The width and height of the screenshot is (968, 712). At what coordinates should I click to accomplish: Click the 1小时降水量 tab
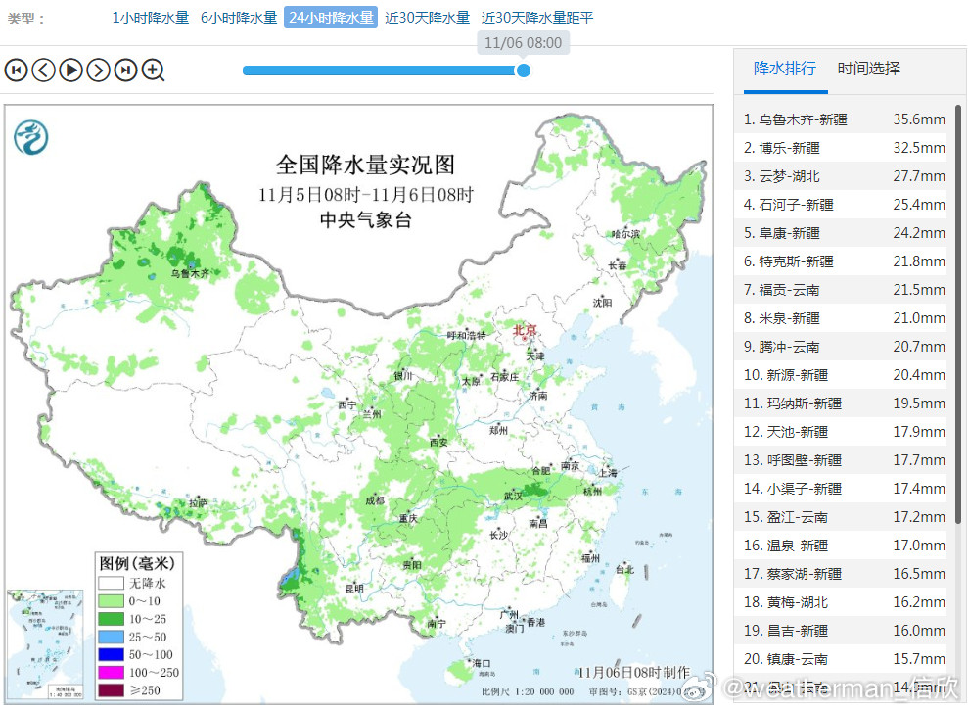pos(150,18)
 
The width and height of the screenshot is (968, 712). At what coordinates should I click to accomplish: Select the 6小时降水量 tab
pos(239,18)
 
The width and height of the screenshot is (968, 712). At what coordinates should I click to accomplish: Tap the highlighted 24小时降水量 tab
pos(331,18)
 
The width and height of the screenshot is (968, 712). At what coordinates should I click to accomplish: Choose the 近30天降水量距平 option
pos(537,18)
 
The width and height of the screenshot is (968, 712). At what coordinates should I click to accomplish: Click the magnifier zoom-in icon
pos(153,70)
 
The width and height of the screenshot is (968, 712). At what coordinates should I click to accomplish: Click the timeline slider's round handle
pos(524,70)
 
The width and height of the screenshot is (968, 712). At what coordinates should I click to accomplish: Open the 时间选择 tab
pos(868,69)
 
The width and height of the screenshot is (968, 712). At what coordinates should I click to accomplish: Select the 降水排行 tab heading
pos(784,69)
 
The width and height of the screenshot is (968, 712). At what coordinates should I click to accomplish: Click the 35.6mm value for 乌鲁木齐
pos(918,119)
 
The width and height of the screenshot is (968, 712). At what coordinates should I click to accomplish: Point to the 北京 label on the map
pos(526,331)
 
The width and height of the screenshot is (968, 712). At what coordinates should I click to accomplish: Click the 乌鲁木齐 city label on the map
pos(191,274)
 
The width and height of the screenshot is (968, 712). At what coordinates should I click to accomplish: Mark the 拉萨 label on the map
pos(199,503)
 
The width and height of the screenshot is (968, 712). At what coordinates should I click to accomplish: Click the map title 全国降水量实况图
pos(365,164)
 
